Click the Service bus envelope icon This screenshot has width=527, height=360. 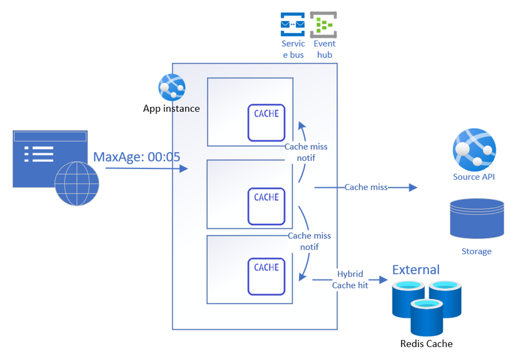(292, 25)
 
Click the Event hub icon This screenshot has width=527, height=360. (323, 25)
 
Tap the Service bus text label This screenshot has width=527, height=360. (293, 49)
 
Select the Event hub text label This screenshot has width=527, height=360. (325, 49)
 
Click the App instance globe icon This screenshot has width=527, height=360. (171, 87)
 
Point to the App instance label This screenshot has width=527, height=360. (171, 109)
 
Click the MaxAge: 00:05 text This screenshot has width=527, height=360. (136, 157)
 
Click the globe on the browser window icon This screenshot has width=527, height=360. (77, 183)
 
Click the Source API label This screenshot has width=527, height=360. (474, 177)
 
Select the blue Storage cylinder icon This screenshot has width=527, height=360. (477, 218)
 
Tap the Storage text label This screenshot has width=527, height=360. (477, 251)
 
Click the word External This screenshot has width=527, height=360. (416, 269)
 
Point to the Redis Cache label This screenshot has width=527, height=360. (427, 344)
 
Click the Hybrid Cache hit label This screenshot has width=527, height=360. (350, 280)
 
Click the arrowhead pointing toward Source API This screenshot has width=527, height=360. (413, 187)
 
